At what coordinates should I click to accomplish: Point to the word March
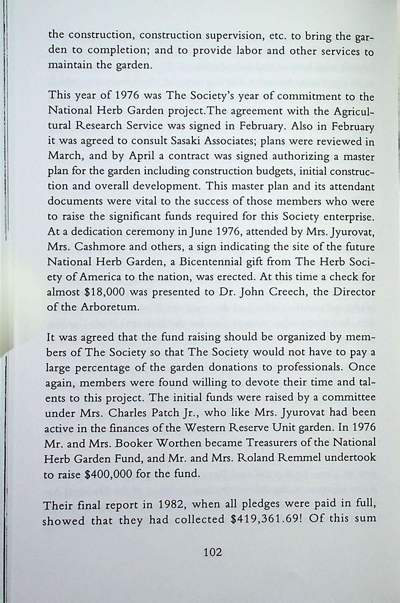[65, 156]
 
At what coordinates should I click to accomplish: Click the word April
[142, 156]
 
